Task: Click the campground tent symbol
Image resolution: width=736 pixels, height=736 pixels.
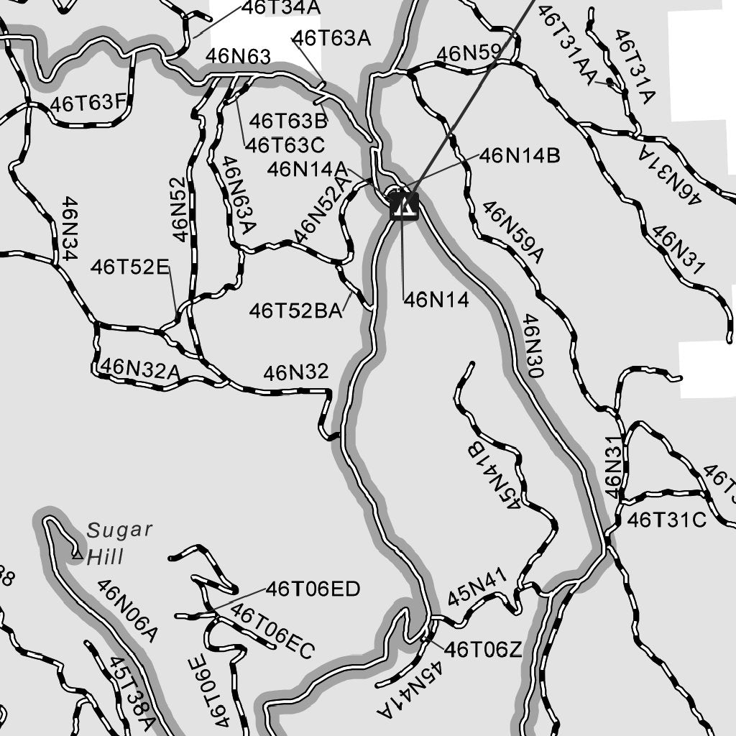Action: click(403, 206)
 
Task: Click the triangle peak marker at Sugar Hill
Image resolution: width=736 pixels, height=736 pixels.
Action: click(77, 553)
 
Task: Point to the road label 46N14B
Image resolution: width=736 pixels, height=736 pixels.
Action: click(520, 155)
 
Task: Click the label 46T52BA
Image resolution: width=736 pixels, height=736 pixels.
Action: click(295, 311)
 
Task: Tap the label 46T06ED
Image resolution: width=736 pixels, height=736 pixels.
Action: click(313, 590)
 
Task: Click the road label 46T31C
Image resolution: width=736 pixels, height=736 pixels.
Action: click(667, 520)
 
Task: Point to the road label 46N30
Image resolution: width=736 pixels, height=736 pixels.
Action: click(533, 346)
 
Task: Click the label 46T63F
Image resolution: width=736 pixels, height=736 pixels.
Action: click(88, 104)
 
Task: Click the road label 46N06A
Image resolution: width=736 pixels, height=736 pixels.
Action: click(126, 610)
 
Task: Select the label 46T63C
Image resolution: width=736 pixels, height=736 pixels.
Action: click(285, 144)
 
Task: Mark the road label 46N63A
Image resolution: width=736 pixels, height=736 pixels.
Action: click(239, 195)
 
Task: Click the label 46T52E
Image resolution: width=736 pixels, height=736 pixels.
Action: click(129, 268)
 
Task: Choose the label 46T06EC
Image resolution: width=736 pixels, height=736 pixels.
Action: click(272, 632)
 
